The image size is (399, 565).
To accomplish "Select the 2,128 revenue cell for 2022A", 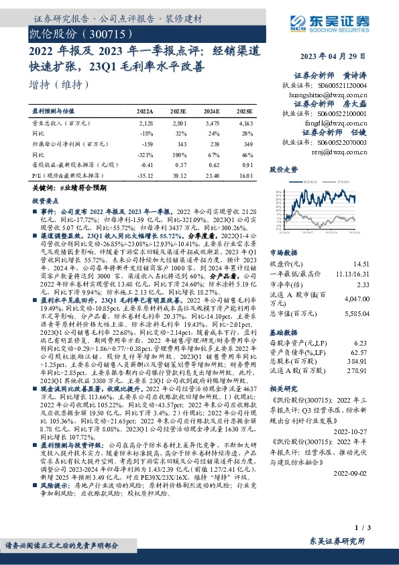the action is click(x=146, y=123).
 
